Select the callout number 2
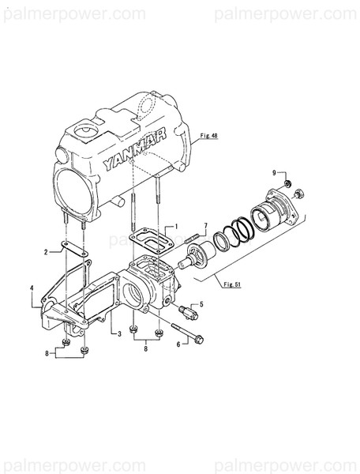coord(47,252)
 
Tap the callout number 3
coord(118,336)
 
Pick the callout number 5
coord(201,303)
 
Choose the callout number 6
coord(179,344)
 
